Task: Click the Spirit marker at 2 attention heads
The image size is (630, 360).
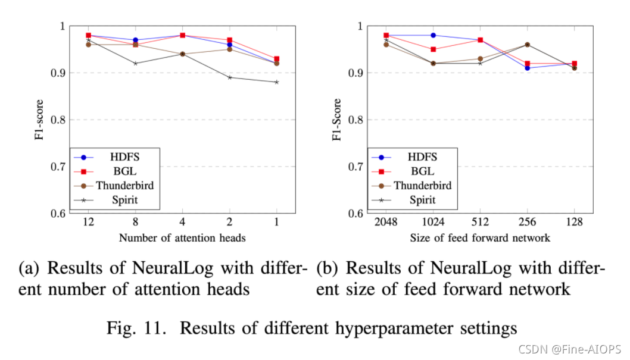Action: [x=229, y=77]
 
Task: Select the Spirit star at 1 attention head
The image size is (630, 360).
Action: [x=277, y=82]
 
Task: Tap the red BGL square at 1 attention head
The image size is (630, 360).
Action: [x=277, y=59]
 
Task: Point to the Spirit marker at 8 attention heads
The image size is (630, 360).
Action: [x=135, y=63]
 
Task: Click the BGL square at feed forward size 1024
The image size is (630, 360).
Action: [x=433, y=49]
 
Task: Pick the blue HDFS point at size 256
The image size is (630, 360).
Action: [x=527, y=68]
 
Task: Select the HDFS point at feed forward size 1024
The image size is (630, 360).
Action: [x=433, y=35]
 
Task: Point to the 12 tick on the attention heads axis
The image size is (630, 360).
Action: [x=88, y=223]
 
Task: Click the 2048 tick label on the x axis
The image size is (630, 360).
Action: [x=386, y=223]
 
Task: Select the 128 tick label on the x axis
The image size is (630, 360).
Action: [x=574, y=223]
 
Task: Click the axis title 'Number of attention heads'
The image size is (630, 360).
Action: [x=182, y=238]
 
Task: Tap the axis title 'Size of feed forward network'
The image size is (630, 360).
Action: [x=480, y=238]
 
